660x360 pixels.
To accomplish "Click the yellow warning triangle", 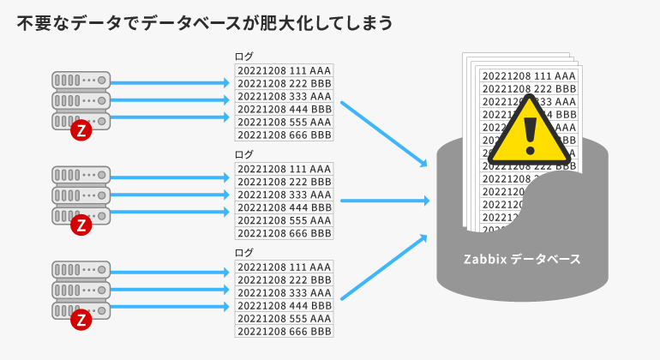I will [530, 132].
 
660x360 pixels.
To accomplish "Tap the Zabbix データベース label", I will [522, 258].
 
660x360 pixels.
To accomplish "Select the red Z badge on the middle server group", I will [81, 225].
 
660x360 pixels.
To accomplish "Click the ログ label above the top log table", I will [244, 57].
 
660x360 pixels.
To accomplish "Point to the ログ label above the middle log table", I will [244, 154].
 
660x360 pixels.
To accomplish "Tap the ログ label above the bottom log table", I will [244, 253].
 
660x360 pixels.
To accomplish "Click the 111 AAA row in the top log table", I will [284, 70].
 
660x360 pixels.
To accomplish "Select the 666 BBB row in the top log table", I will [284, 135].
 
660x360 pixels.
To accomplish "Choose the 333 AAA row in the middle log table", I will [284, 195].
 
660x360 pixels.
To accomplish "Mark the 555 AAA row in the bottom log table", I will [284, 318].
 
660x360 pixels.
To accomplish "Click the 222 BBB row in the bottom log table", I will [284, 279].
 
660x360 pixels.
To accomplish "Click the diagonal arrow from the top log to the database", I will [384, 134].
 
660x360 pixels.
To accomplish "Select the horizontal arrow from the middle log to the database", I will [385, 201].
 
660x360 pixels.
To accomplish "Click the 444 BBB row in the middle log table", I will [284, 207].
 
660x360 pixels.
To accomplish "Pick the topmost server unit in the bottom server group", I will [81, 272].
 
